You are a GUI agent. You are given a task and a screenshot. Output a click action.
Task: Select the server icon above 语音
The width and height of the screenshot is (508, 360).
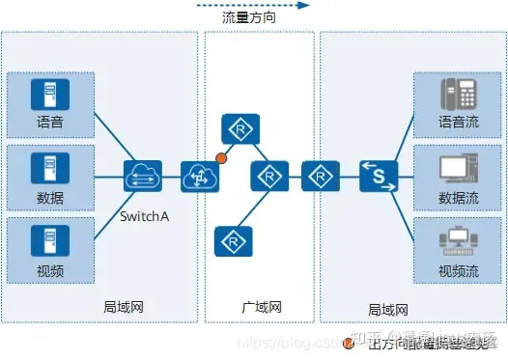43,95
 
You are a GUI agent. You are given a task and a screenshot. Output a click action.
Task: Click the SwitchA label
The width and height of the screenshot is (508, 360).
145,215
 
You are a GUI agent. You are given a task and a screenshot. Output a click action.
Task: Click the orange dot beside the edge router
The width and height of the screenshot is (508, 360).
221,156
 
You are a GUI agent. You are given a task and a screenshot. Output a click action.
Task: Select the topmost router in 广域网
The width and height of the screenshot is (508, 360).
236,128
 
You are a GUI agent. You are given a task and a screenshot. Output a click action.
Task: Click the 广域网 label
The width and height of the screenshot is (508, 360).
261,307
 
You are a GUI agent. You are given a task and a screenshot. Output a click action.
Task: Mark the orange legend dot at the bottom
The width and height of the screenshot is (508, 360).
349,342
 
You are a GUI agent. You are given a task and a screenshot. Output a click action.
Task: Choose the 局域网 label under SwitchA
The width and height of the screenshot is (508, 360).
124,307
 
